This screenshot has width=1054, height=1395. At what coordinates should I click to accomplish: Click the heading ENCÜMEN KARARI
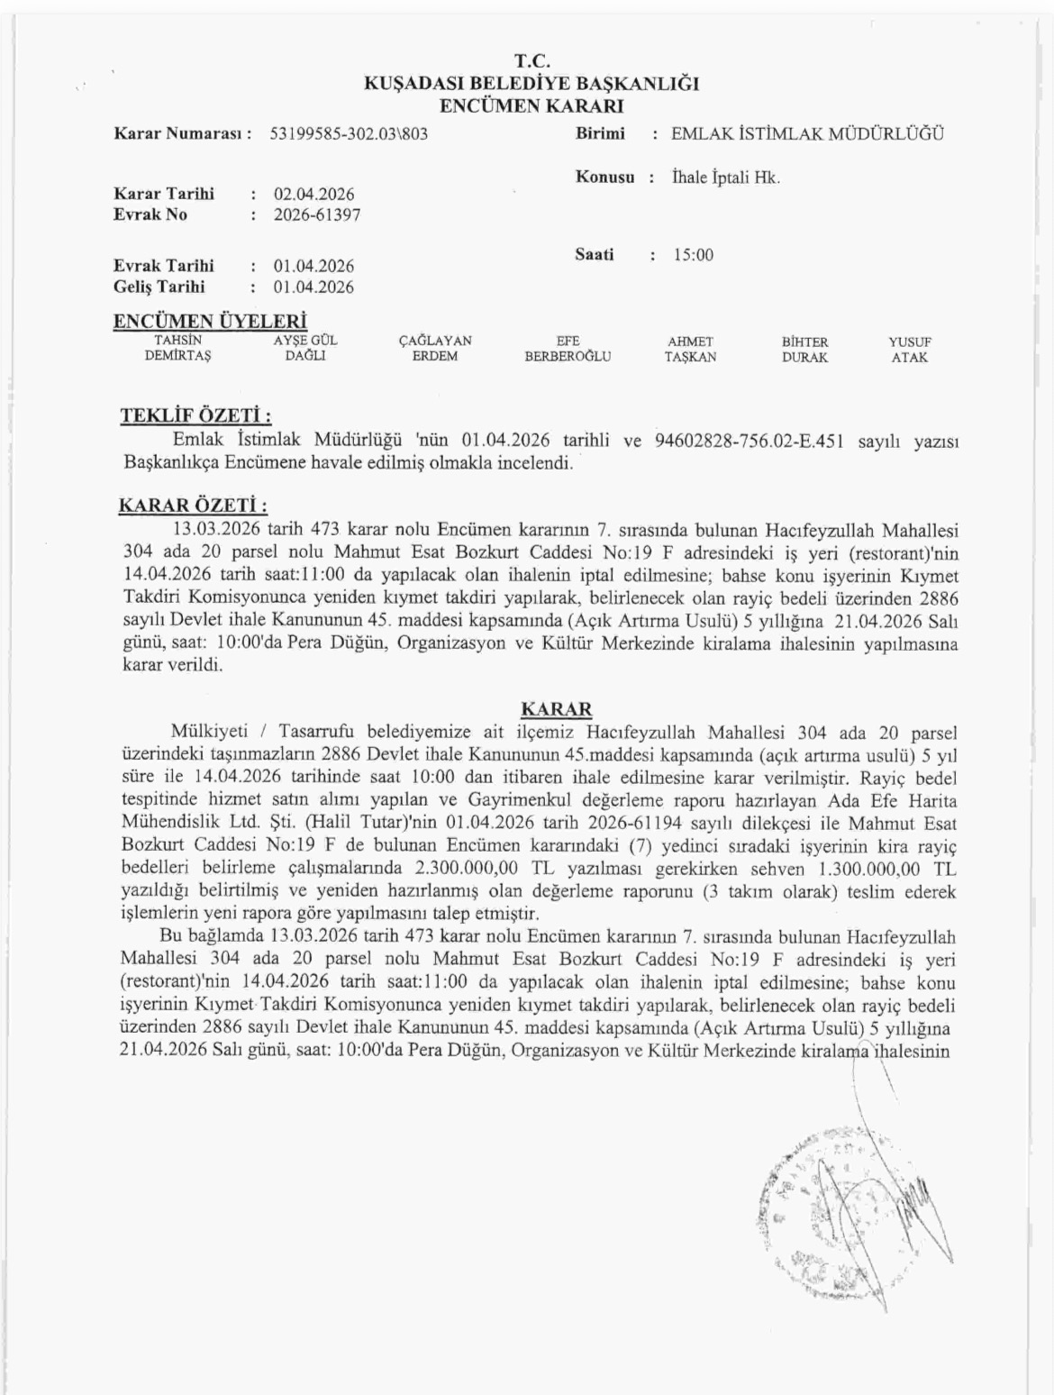pos(531,106)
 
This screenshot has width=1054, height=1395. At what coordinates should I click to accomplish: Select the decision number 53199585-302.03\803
pos(349,134)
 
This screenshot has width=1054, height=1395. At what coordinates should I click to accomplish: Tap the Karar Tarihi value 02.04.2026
pos(313,195)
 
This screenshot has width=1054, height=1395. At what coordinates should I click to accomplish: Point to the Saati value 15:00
pos(693,255)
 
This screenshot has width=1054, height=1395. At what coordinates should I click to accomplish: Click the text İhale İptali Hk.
pos(726,178)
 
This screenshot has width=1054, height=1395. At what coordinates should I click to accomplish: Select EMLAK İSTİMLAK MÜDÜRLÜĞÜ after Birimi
pos(808,134)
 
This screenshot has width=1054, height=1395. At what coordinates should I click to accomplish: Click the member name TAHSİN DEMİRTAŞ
pos(177,349)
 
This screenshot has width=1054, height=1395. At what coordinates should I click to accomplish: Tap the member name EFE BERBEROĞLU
pos(568,349)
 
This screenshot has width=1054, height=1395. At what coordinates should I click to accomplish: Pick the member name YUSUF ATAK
pos(909,349)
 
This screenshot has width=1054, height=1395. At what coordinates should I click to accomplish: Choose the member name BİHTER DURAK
pos(804,349)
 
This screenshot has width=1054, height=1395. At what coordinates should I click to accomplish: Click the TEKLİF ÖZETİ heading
pos(195,416)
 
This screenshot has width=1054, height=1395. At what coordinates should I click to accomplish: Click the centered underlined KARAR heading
pos(557,708)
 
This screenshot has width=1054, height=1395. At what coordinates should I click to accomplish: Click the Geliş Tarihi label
pos(159,287)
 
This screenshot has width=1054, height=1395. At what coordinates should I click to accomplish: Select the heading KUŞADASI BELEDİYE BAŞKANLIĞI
pos(531,85)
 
